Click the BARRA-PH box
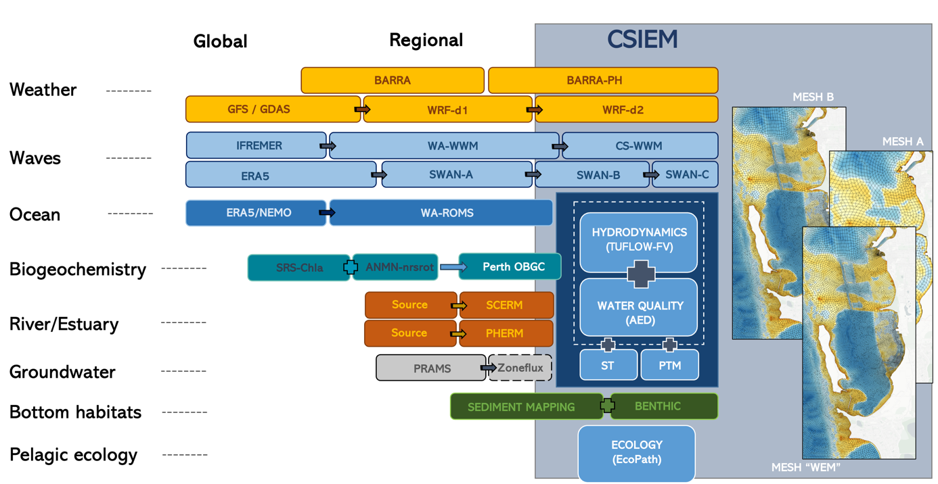click(602, 80)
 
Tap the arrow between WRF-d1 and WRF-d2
click(535, 110)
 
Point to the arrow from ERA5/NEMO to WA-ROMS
click(327, 213)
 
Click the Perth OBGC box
click(512, 267)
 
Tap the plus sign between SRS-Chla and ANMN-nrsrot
click(351, 267)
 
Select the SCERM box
click(505, 305)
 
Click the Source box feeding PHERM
click(409, 333)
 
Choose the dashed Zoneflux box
click(520, 368)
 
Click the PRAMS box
click(431, 368)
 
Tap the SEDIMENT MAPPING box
click(521, 407)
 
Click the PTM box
click(669, 366)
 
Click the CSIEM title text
click(642, 39)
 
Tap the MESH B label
click(813, 97)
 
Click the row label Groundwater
click(62, 372)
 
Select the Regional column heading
click(426, 41)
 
